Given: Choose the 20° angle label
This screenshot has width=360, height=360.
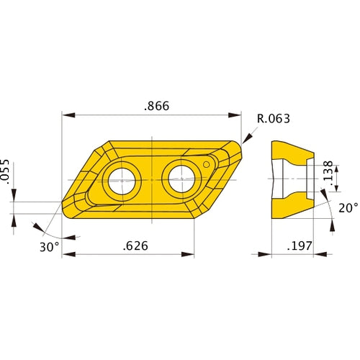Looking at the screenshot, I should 348,207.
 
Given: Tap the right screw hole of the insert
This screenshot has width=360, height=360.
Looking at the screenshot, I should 180,177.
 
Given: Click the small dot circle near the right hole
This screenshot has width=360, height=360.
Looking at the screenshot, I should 207,165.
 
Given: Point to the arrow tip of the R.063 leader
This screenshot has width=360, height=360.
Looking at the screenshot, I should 244,142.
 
